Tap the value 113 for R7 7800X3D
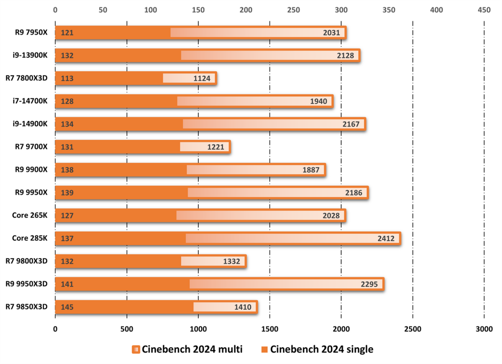(67, 78)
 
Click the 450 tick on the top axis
(484, 10)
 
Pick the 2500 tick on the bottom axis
(412, 329)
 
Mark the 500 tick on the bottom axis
(126, 329)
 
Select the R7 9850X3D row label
(26, 307)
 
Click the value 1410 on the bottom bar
(243, 307)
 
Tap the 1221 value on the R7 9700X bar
(215, 147)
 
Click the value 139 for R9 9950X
(67, 193)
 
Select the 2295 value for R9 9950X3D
(369, 284)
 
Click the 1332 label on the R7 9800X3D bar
(231, 261)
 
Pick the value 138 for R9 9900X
(67, 170)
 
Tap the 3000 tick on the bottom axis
(484, 329)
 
